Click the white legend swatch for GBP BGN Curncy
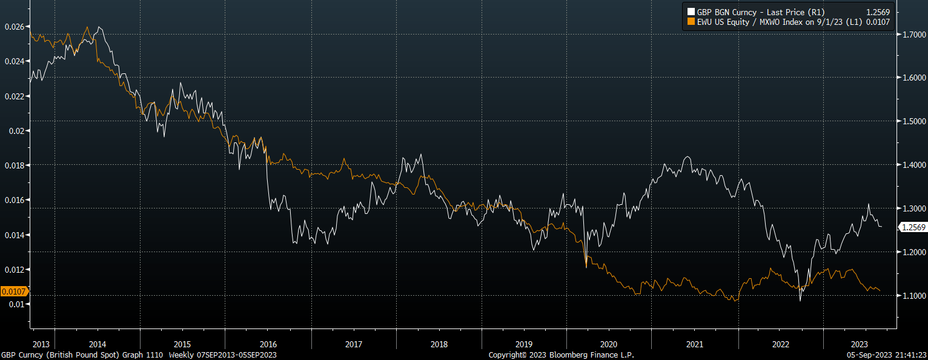coord(691,11)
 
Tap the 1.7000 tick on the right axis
coord(912,35)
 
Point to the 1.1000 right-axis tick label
coord(912,296)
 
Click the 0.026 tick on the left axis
coord(14,27)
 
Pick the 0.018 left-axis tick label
coord(14,165)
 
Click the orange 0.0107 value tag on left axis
coord(13,292)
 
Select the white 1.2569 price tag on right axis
coord(912,227)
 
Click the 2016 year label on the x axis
coord(268,344)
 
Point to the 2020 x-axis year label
coord(609,344)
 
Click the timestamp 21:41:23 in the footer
coord(909,355)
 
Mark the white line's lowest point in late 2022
coord(800,300)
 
